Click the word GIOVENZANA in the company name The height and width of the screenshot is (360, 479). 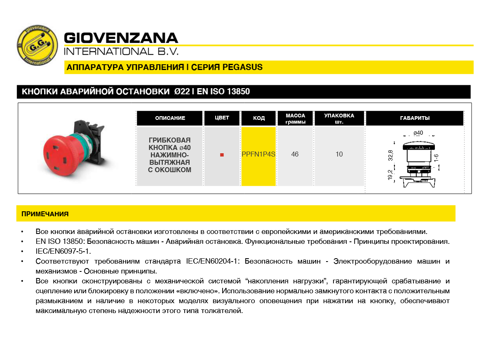pos(121,38)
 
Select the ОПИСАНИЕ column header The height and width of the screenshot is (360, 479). pos(170,118)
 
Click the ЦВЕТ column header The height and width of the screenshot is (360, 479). pos(222,118)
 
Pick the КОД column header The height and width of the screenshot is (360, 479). pos(259,118)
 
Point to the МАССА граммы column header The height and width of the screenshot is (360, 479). pos(295,119)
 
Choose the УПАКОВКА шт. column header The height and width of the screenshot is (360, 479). pos(339,119)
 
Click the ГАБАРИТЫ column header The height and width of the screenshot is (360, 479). pos(415,118)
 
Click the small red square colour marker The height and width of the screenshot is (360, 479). pos(222,155)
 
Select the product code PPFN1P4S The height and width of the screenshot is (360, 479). pos(258,154)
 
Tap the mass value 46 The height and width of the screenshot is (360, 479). pos(295,154)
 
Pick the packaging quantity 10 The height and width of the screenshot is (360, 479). pos(339,154)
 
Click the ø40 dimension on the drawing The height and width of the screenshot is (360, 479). pos(418,133)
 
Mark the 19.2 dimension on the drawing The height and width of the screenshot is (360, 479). pos(390,175)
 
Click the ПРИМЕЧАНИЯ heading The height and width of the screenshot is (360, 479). pos(45,214)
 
